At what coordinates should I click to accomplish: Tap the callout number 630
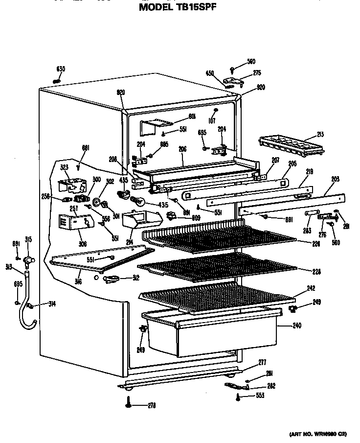[61, 69]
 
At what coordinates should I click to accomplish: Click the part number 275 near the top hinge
[257, 73]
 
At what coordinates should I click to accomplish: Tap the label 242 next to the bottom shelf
[311, 288]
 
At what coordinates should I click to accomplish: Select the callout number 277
[262, 362]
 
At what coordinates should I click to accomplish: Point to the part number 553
[259, 396]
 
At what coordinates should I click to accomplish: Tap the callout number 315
[28, 239]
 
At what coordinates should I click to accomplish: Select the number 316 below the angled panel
[78, 282]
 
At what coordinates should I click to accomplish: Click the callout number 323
[65, 167]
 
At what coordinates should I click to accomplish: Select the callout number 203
[335, 179]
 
